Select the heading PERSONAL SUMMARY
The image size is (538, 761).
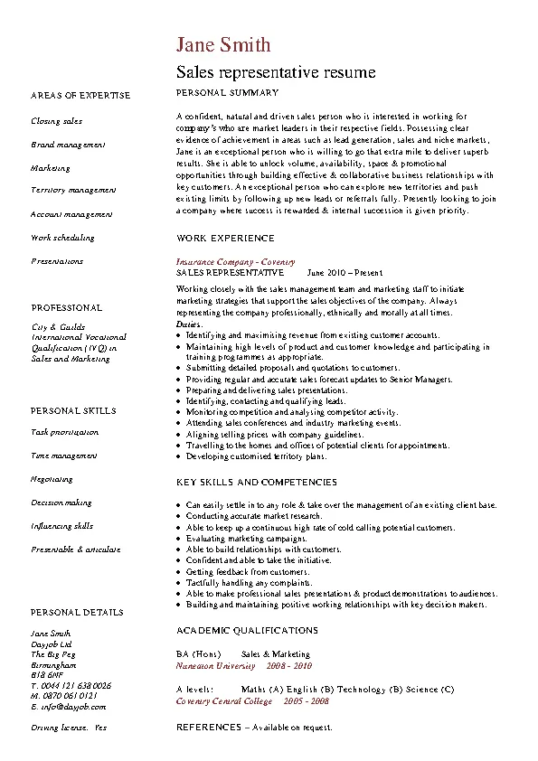coord(227,93)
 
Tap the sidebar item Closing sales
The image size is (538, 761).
coord(56,120)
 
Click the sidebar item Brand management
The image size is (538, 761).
coord(68,144)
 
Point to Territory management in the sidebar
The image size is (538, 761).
coord(73,191)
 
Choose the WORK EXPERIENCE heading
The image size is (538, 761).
coord(225,238)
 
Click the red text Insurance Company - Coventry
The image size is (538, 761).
coord(229,261)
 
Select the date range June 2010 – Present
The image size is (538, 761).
coord(345,272)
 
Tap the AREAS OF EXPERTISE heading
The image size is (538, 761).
coord(80,95)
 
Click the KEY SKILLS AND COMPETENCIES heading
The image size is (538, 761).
coord(256,483)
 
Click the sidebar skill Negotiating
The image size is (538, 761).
coord(52,480)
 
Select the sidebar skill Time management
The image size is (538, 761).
coord(63,456)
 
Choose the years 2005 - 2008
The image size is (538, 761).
coord(307,701)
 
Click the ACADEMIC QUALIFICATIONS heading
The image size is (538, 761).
coord(247,630)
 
